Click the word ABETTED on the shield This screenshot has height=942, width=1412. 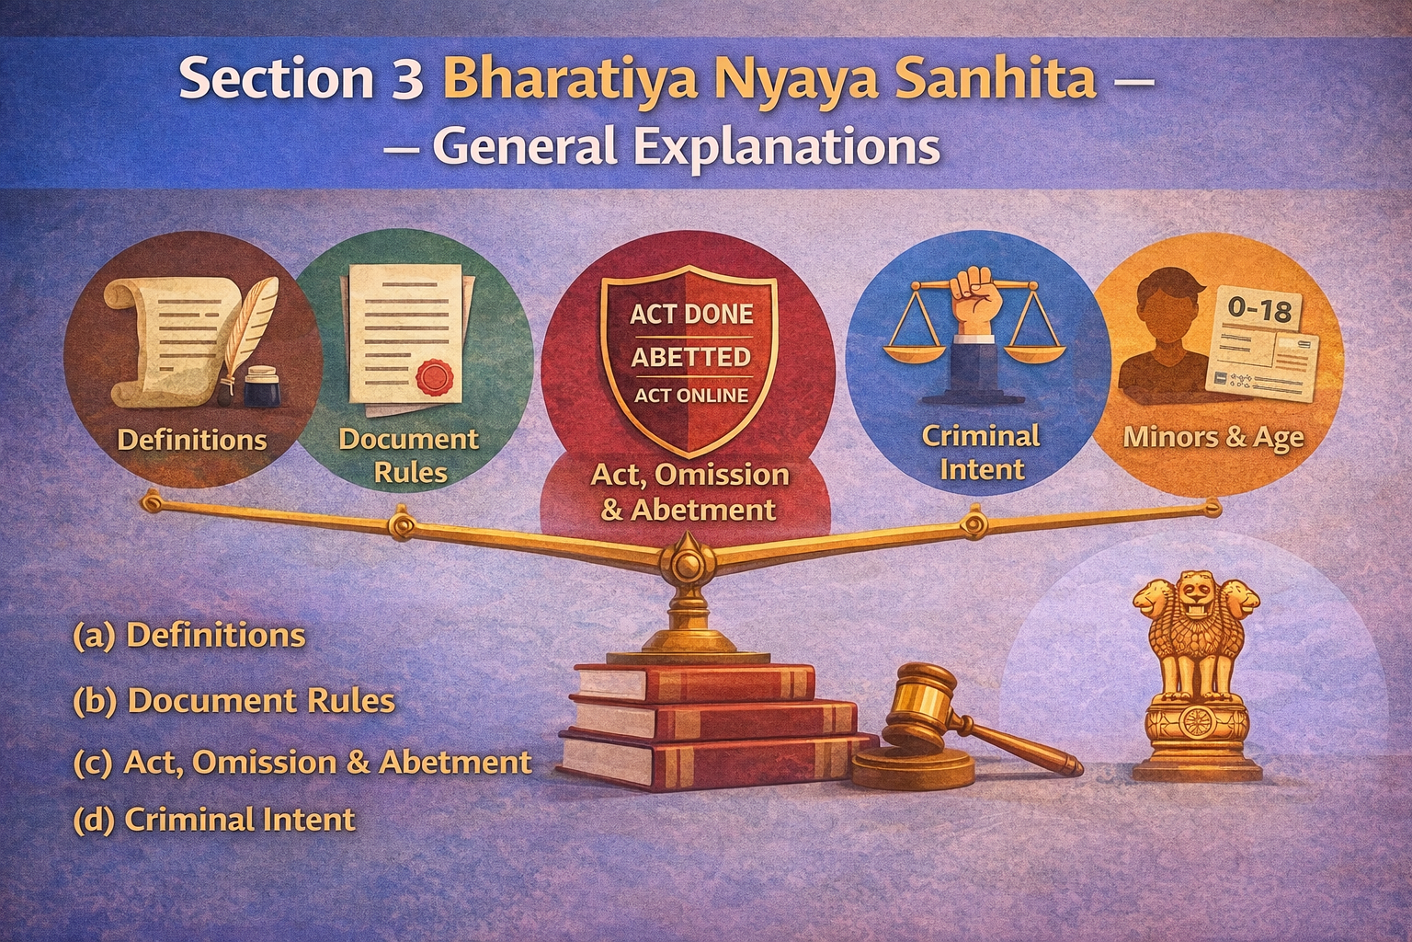tap(690, 356)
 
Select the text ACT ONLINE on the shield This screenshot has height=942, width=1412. tap(690, 396)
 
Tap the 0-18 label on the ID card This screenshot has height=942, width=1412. tap(1258, 310)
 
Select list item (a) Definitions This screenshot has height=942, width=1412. tap(188, 636)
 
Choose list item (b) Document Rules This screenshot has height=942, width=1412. tap(233, 701)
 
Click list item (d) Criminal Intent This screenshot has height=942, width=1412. tap(213, 819)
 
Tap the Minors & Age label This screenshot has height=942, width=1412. tap(1213, 438)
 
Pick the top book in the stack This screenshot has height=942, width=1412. tap(694, 681)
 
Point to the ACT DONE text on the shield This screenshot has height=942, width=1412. tap(690, 315)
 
